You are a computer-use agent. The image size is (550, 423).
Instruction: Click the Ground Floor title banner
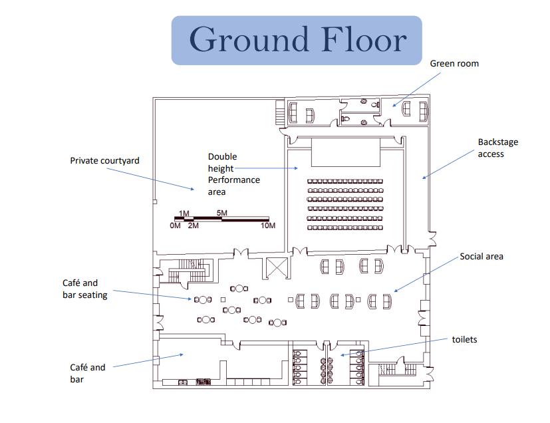pyautogui.click(x=297, y=40)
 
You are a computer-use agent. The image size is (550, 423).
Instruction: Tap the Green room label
pyautogui.click(x=454, y=64)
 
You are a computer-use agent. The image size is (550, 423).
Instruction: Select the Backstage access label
pyautogui.click(x=497, y=148)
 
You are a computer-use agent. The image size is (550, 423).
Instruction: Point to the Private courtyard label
pyautogui.click(x=104, y=161)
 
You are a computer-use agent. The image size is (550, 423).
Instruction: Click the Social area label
pyautogui.click(x=481, y=257)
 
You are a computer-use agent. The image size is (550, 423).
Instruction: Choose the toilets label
pyautogui.click(x=464, y=340)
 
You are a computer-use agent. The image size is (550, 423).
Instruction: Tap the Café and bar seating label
pyautogui.click(x=84, y=289)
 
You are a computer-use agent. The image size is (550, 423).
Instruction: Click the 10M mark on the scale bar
pyautogui.click(x=268, y=226)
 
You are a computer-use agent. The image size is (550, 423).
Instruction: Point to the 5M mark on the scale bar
pyautogui.click(x=222, y=213)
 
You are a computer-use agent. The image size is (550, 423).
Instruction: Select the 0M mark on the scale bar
pyautogui.click(x=175, y=226)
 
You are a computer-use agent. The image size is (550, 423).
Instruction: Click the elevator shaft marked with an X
pyautogui.click(x=275, y=268)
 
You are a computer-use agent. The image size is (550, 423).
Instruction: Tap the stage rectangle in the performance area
pyautogui.click(x=345, y=152)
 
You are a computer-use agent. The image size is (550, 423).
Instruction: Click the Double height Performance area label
pyautogui.click(x=233, y=174)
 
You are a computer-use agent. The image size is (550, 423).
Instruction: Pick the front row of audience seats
pyautogui.click(x=345, y=181)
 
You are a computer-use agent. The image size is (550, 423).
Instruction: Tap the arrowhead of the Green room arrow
pyautogui.click(x=393, y=106)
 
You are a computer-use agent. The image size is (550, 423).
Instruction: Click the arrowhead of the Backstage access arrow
pyautogui.click(x=423, y=178)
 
